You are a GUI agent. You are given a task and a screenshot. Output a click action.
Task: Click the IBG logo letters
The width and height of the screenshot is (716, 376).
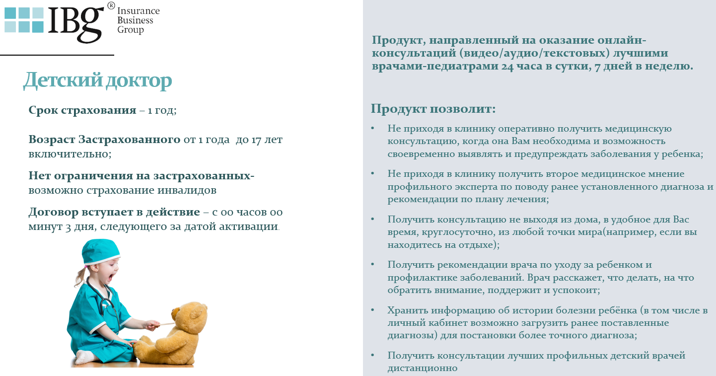click(x=76, y=22)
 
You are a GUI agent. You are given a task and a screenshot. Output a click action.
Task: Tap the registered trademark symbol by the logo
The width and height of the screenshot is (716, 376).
click(x=111, y=6)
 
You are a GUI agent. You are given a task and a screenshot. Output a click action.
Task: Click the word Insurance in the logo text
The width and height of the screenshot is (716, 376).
click(x=139, y=11)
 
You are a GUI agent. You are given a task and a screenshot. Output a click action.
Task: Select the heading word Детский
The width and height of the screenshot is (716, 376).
click(x=63, y=80)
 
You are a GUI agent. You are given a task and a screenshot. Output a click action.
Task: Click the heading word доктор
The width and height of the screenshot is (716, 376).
click(x=139, y=81)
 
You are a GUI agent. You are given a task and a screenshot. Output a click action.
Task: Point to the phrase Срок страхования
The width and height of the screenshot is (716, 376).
click(x=82, y=110)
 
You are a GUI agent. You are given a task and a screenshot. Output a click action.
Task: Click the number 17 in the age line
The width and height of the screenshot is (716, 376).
click(x=257, y=140)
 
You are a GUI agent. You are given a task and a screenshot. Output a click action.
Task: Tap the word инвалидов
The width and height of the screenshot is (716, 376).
click(x=187, y=190)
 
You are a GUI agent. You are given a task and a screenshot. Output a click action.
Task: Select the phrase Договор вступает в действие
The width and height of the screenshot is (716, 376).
click(x=114, y=212)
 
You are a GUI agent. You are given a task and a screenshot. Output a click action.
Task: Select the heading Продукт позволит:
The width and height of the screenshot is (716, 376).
click(x=433, y=109)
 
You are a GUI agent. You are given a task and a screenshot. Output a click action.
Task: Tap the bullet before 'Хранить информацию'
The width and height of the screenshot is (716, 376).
click(x=373, y=310)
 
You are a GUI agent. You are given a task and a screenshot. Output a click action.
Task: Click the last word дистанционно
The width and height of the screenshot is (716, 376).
click(x=423, y=368)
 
